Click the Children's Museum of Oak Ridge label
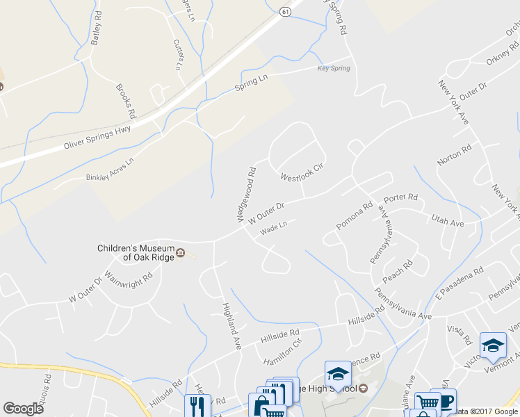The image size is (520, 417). coord(134,252)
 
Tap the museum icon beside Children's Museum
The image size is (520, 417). coord(180,252)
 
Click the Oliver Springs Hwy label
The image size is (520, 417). coord(97,137)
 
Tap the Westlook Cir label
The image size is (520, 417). coord(302,172)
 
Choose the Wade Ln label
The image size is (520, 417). coord(273,230)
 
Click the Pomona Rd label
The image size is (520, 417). coord(355,216)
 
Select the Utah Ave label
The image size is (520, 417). coord(447,222)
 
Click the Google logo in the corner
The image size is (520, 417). coord(23,409)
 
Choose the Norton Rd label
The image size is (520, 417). coord(455,155)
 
